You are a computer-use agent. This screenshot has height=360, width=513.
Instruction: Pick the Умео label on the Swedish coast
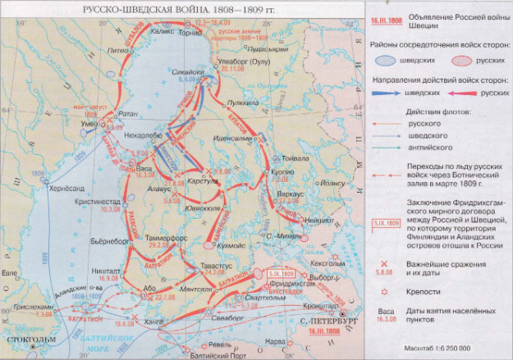click(x=67, y=124)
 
